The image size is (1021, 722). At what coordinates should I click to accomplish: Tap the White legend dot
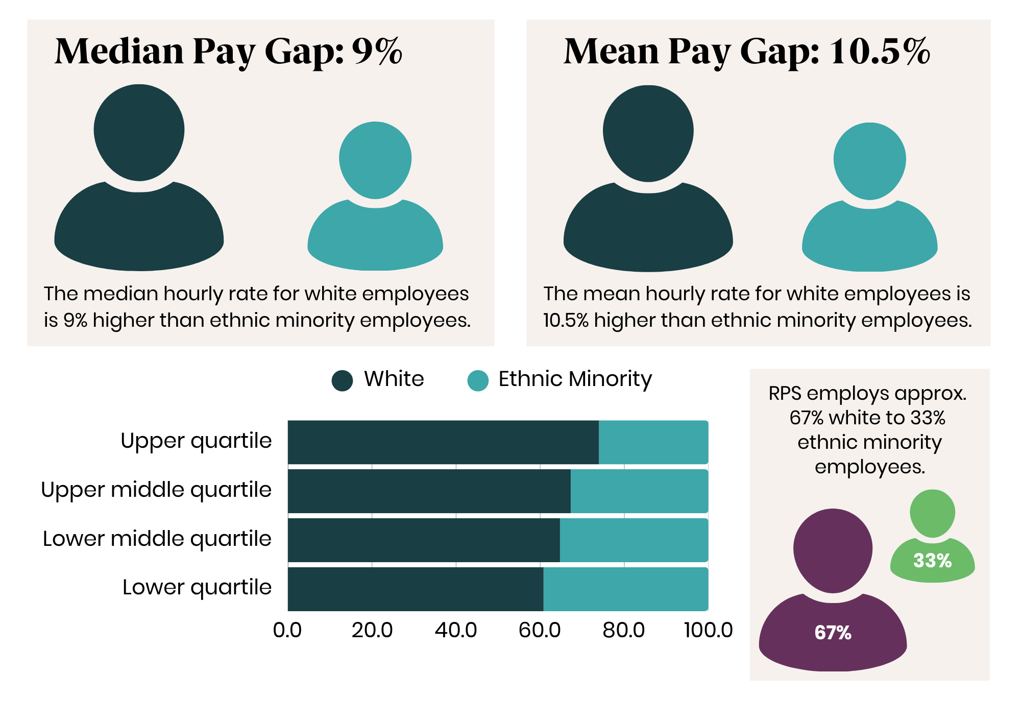342,380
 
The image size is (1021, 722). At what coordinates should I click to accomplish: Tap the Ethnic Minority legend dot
478,380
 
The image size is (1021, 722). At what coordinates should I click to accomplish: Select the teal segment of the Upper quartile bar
653,442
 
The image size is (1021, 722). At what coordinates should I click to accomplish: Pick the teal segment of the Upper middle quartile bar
639,491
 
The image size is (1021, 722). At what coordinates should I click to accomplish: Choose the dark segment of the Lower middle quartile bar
423,540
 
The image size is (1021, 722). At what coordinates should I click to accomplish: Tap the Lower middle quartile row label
157,539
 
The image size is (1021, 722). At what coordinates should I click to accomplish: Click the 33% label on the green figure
932,561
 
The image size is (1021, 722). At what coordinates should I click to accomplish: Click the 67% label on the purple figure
833,633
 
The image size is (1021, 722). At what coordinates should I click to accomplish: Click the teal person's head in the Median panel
375,159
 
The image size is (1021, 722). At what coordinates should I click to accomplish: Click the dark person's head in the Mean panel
648,133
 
